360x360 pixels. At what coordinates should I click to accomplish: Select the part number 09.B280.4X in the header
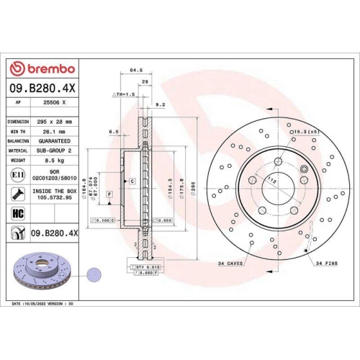(41, 88)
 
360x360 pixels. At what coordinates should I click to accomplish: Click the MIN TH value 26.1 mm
(51, 132)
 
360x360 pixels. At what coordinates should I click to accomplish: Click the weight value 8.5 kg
(51, 161)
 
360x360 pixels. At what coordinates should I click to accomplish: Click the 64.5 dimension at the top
(133, 71)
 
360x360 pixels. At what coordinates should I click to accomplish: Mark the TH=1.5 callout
(123, 94)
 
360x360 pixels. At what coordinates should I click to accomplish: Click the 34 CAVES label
(231, 264)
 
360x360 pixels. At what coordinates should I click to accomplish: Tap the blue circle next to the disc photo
(93, 274)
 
